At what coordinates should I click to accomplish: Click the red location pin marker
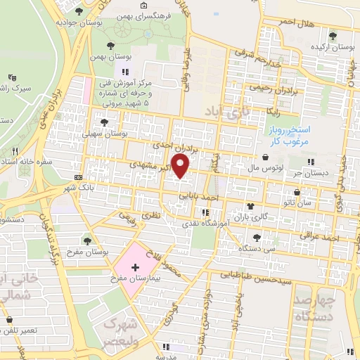(181, 167)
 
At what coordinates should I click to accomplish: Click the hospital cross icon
(135, 268)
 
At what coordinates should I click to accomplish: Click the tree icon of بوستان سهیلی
(103, 122)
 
